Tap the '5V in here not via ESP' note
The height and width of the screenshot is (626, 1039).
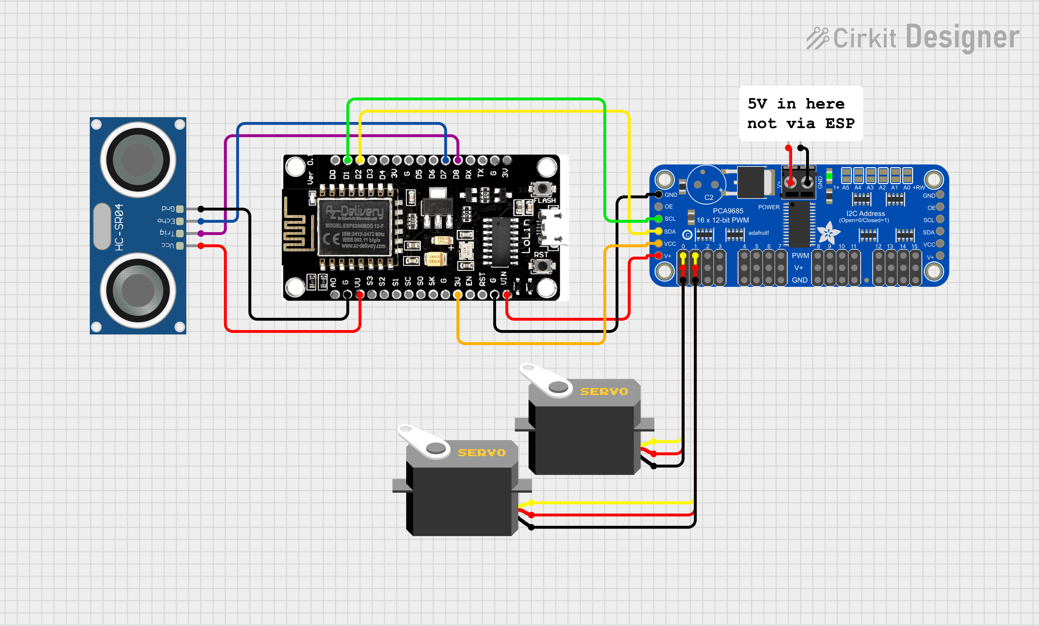click(800, 113)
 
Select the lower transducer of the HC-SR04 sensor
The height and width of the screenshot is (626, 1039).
click(138, 290)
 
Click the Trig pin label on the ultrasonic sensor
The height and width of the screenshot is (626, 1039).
click(167, 233)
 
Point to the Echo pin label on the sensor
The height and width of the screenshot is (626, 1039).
click(166, 221)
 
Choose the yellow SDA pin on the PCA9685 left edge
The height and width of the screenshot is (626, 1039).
click(658, 231)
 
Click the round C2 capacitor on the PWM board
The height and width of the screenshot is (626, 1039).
click(706, 185)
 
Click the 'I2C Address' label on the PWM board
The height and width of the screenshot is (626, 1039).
click(865, 213)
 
